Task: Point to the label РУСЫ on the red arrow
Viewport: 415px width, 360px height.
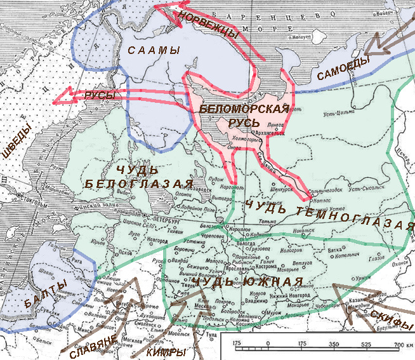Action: pos(100,95)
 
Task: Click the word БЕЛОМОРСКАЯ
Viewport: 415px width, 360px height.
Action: pos(244,109)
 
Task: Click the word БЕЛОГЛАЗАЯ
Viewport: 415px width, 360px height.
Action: pos(139,184)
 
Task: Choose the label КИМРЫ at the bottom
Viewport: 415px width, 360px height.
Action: pos(167,351)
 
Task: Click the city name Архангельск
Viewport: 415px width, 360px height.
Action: pos(277,133)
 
